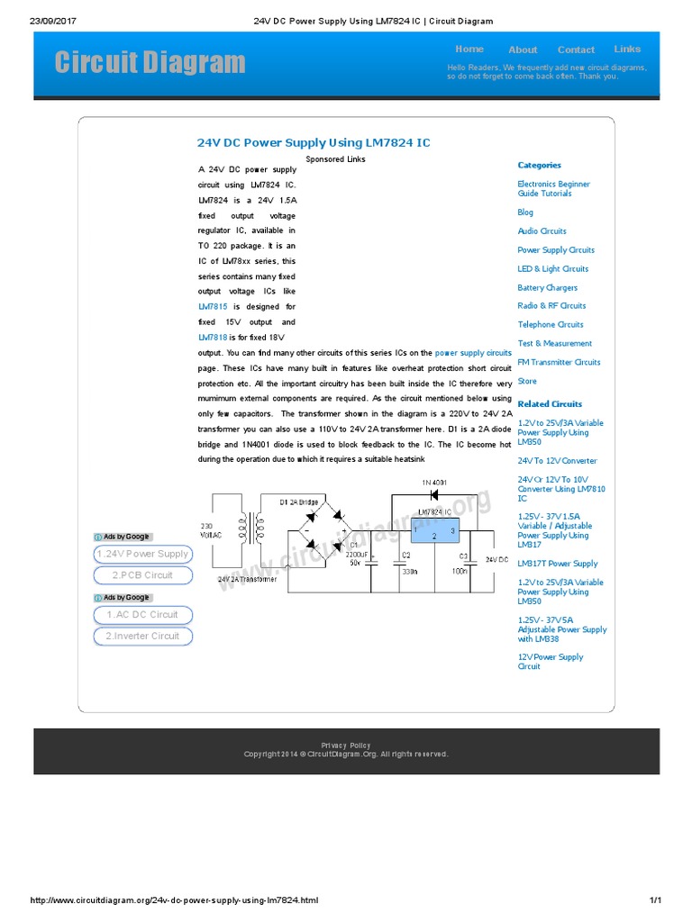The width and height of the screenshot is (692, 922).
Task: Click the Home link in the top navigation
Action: click(x=469, y=50)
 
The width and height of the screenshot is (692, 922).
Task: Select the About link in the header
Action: click(x=523, y=50)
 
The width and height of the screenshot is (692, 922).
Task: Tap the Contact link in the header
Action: click(x=576, y=50)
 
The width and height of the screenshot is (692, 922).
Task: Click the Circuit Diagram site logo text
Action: click(x=150, y=62)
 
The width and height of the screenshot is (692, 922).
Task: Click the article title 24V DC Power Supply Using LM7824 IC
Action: click(x=314, y=142)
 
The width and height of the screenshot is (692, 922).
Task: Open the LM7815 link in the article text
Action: click(x=214, y=307)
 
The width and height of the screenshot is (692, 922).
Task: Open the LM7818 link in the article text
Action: click(x=214, y=338)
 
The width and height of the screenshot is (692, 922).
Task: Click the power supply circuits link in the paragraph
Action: click(x=473, y=353)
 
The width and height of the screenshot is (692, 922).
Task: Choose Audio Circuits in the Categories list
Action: click(x=542, y=231)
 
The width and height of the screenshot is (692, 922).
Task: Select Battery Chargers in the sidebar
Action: click(x=547, y=288)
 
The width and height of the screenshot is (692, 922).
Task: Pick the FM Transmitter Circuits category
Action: click(x=559, y=363)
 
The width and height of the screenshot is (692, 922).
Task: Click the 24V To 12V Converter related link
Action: click(x=557, y=461)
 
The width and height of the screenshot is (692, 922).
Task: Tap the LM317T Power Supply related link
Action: click(x=557, y=564)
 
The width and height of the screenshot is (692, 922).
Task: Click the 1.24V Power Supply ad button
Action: click(x=142, y=555)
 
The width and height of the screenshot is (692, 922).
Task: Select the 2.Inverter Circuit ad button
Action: click(x=142, y=637)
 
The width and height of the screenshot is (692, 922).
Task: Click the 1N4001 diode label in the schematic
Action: click(x=434, y=484)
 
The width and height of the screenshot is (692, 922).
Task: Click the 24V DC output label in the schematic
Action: click(x=497, y=560)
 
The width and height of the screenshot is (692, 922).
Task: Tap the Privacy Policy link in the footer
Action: click(x=346, y=746)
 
